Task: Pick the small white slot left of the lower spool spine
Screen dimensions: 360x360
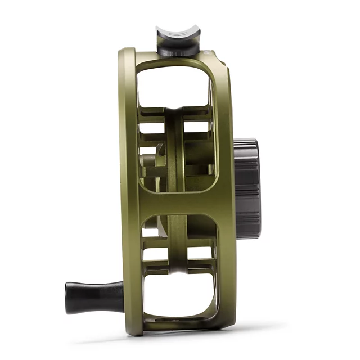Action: [153, 253]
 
